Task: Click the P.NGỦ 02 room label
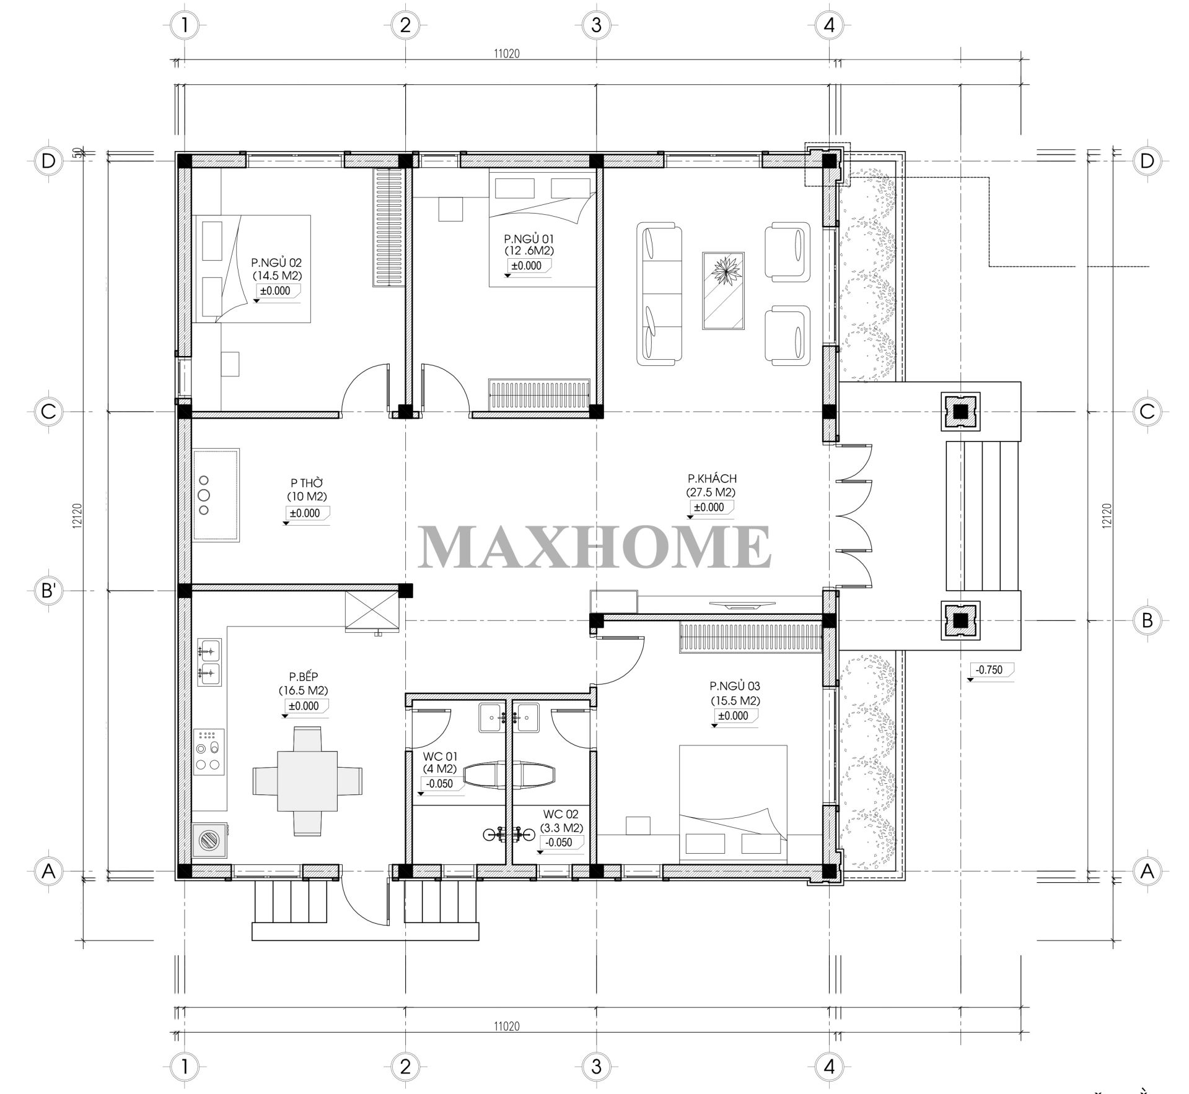click(277, 263)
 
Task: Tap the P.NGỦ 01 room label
click(529, 238)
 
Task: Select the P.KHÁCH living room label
click(711, 479)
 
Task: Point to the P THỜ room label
click(307, 482)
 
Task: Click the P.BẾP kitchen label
click(303, 677)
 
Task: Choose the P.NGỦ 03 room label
click(735, 686)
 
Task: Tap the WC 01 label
click(441, 756)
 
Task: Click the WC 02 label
click(561, 814)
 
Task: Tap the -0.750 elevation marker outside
click(989, 670)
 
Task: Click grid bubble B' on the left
click(48, 591)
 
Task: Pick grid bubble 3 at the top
click(596, 25)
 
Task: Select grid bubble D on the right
click(1147, 161)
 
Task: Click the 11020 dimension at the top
click(506, 53)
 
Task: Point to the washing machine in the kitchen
click(209, 840)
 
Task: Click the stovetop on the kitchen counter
click(209, 752)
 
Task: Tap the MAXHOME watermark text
click(595, 546)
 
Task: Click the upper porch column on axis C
click(960, 411)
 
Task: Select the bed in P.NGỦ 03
click(733, 803)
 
